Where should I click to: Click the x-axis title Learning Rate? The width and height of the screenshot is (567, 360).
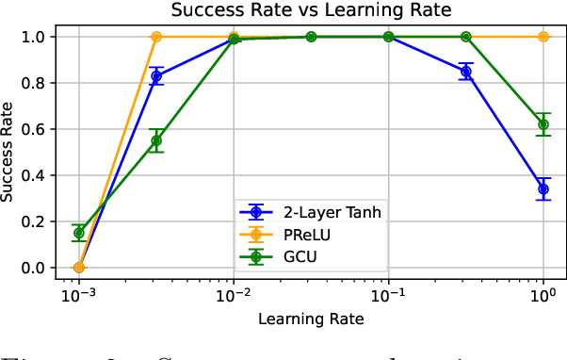tap(311, 319)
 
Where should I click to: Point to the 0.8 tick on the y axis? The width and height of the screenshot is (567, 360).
tap(33, 83)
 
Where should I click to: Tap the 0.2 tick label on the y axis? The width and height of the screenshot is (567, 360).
tap(33, 221)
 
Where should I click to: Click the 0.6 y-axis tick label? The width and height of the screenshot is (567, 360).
tap(33, 129)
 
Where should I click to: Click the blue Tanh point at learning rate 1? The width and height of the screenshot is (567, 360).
tap(543, 188)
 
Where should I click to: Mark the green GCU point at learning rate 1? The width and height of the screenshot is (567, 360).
tap(543, 124)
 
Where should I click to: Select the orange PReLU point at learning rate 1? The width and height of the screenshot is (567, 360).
tap(543, 37)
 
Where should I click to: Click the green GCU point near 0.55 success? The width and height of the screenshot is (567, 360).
tap(156, 140)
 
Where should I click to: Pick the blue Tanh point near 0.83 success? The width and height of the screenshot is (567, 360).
tap(156, 76)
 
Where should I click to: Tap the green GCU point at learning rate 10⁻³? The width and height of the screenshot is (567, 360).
tap(79, 233)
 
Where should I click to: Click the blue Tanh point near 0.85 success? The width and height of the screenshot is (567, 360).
tap(466, 72)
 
